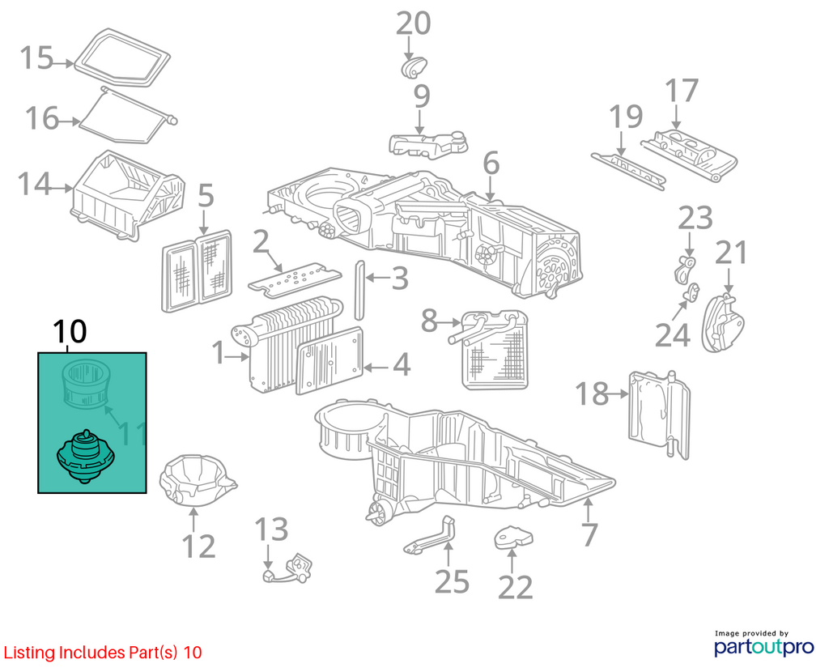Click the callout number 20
click(414, 23)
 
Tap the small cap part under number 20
click(414, 66)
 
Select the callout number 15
click(37, 57)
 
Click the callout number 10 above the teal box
click(70, 332)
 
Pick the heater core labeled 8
click(495, 350)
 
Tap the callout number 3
click(400, 278)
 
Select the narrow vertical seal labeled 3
click(359, 291)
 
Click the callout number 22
click(516, 587)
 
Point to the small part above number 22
click(512, 538)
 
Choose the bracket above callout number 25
click(430, 536)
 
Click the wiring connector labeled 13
click(288, 568)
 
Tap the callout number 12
click(199, 547)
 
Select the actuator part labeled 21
click(723, 323)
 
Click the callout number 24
click(673, 334)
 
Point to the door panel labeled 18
click(660, 415)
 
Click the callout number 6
click(491, 164)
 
